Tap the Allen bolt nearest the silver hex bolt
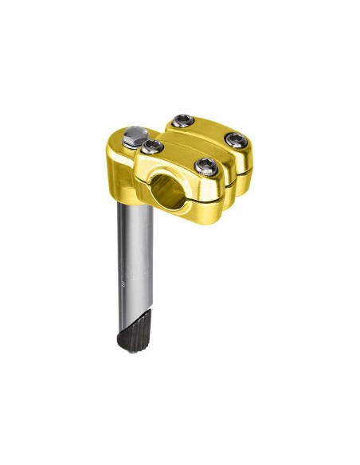pos(152,147)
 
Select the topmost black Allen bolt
pos(183,121)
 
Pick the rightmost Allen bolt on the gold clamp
pos(235,140)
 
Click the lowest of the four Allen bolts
pos(207,166)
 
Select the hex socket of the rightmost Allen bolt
pos(235,140)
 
